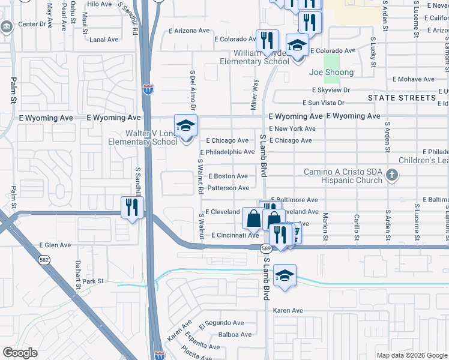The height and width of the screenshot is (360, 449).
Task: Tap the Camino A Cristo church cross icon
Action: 391,176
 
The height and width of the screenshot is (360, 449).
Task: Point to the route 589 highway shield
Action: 264,248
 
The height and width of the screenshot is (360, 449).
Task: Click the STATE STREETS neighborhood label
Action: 402,97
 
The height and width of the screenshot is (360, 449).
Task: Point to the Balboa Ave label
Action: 235,334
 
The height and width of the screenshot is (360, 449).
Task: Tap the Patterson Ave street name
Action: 228,188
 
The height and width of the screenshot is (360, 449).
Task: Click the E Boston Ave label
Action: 228,176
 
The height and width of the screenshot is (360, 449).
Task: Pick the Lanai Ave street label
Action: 104,40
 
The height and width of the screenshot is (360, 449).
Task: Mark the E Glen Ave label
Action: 55,245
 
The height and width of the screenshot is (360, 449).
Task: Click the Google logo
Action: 20,353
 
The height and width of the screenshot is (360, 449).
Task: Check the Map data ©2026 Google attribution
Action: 411,355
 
